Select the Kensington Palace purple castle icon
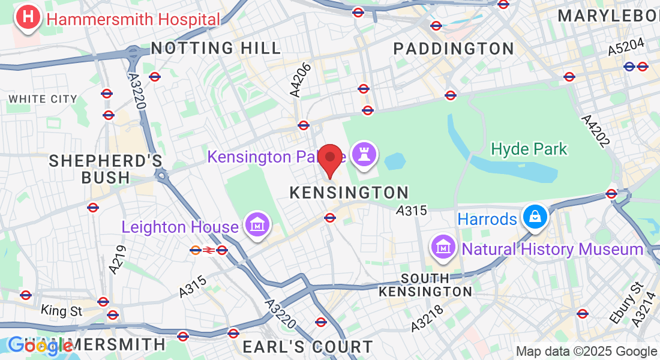pyautogui.click(x=364, y=154)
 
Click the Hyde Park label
pyautogui.click(x=529, y=148)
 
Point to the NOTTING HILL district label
pyautogui.click(x=216, y=48)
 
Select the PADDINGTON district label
pyautogui.click(x=454, y=49)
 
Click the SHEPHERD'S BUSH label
pyautogui.click(x=106, y=169)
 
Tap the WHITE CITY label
pyautogui.click(x=43, y=99)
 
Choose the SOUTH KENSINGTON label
pyautogui.click(x=425, y=285)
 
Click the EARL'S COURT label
pyautogui.click(x=307, y=347)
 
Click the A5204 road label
pyautogui.click(x=626, y=47)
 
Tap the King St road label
pyautogui.click(x=61, y=311)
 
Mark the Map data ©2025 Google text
pyautogui.click(x=586, y=352)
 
